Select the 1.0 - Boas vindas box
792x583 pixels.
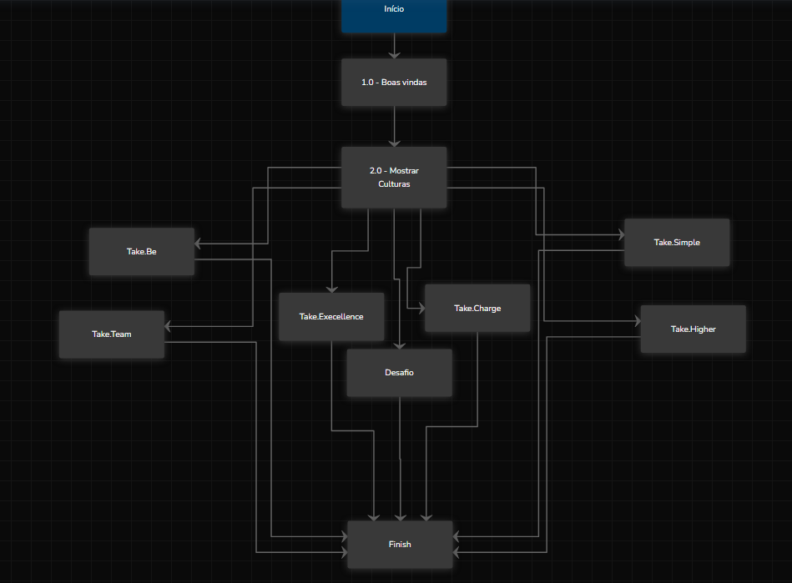click(394, 83)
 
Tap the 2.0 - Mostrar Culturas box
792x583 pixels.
click(394, 177)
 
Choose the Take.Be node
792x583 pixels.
click(142, 252)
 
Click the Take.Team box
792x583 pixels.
click(112, 334)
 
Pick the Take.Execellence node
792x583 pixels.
click(331, 317)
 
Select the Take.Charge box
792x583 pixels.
click(477, 309)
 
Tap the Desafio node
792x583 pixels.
click(399, 373)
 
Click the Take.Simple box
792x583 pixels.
click(677, 243)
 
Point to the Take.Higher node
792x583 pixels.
click(693, 329)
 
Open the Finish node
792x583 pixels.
click(400, 545)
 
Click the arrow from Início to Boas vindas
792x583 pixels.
click(394, 46)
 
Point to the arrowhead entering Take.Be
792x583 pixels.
click(199, 244)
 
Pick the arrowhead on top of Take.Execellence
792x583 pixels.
click(331, 289)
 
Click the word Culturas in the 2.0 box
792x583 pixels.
click(394, 184)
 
